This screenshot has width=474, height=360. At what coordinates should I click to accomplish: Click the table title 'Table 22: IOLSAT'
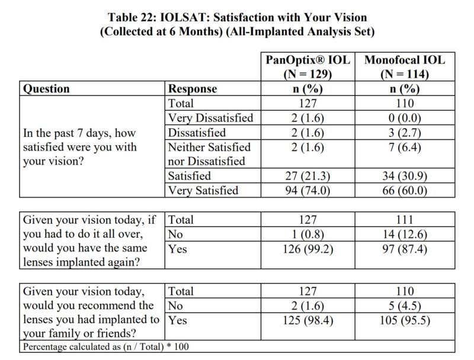(x=237, y=17)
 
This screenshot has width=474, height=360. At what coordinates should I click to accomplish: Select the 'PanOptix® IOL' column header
(x=307, y=60)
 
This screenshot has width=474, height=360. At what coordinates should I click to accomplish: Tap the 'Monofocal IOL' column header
(x=405, y=60)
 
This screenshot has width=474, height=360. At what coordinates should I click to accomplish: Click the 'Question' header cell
(x=46, y=89)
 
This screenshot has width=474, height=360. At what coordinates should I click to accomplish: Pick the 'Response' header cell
(x=193, y=89)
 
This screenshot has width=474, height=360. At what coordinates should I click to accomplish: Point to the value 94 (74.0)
(x=307, y=190)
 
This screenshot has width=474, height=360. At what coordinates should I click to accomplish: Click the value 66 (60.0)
(x=405, y=190)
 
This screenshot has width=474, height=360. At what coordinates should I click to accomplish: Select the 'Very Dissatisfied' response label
(x=210, y=118)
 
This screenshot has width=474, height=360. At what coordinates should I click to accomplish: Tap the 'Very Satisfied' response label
(x=203, y=190)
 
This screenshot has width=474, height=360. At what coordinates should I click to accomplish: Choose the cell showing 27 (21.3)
(x=307, y=176)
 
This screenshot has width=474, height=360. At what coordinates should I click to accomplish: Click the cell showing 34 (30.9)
(x=405, y=176)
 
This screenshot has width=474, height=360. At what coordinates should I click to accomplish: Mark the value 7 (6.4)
(x=405, y=147)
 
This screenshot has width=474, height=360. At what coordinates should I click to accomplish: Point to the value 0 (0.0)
(x=405, y=118)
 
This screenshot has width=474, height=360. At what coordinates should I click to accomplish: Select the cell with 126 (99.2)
(x=307, y=249)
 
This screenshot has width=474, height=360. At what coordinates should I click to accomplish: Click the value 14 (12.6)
(x=405, y=234)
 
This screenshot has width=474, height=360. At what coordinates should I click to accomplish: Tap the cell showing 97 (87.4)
(x=405, y=249)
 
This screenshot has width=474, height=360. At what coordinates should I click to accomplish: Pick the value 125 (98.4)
(x=307, y=321)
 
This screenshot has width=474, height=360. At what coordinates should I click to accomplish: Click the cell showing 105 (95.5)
(x=405, y=321)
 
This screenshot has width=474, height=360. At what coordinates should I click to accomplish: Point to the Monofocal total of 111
(x=405, y=220)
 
